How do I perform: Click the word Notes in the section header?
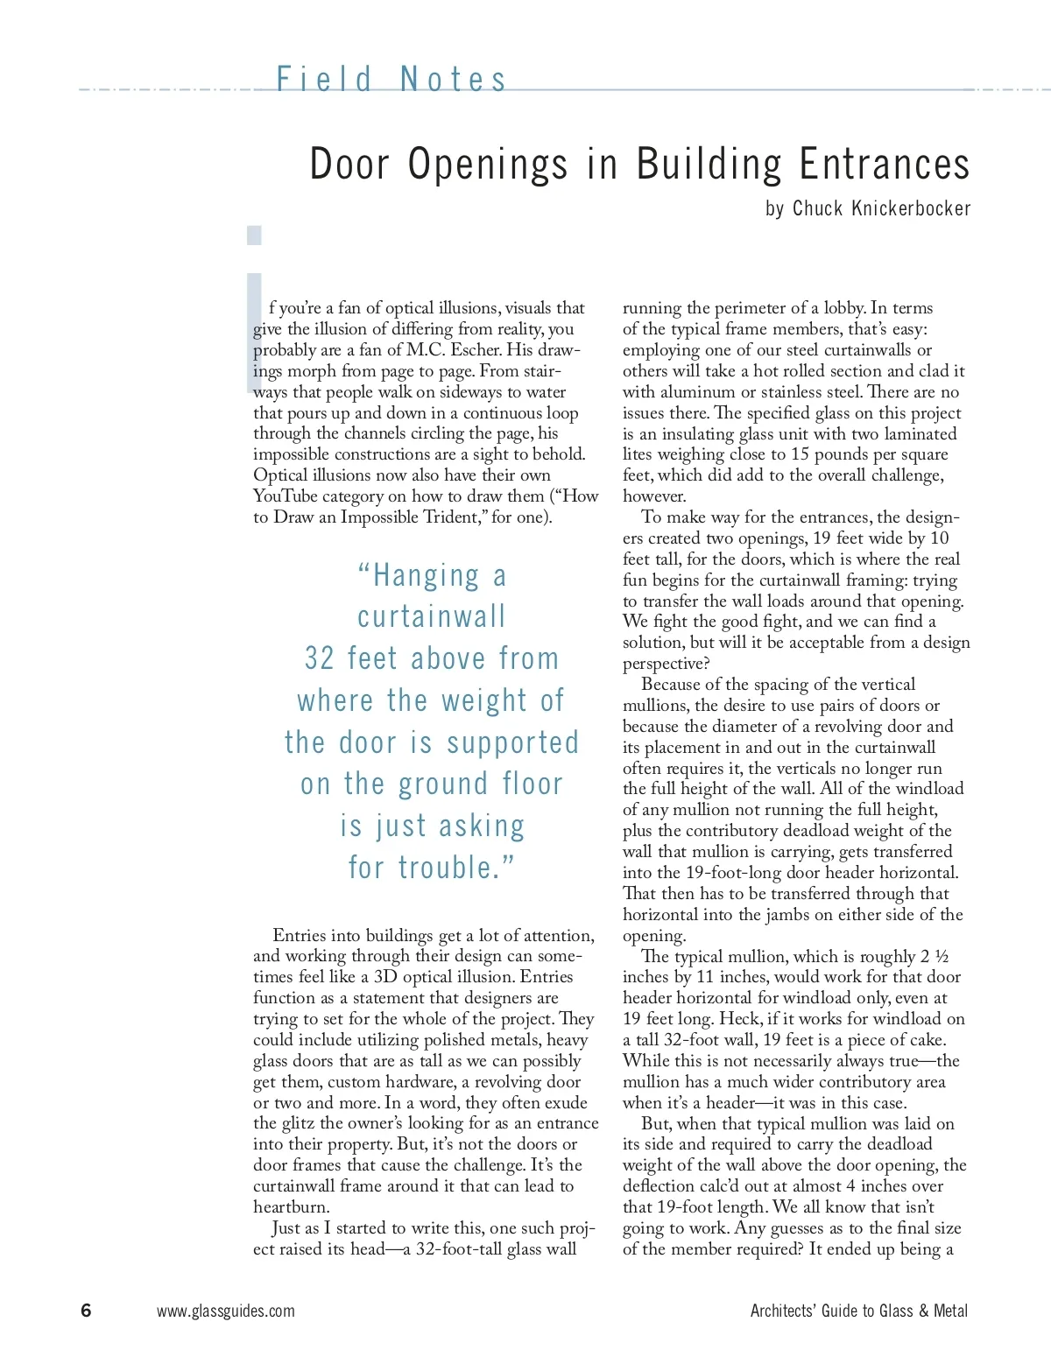[x=453, y=80]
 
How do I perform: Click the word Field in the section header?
[x=325, y=80]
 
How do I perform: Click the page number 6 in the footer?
[x=86, y=1311]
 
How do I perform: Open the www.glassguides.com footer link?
[x=225, y=1311]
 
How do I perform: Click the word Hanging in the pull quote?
[x=427, y=575]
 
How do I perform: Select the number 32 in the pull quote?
[x=319, y=658]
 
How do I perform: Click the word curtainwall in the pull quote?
[x=431, y=616]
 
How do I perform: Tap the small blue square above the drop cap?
[x=254, y=235]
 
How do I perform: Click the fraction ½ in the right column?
[x=942, y=956]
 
